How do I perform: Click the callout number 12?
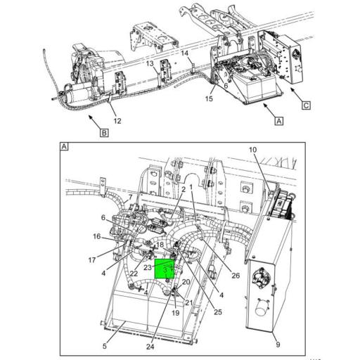pyautogui.click(x=117, y=120)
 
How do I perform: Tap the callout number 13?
pyautogui.click(x=150, y=63)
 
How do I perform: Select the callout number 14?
pyautogui.click(x=184, y=53)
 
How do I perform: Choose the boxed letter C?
pyautogui.click(x=307, y=106)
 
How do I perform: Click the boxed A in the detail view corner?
pyautogui.click(x=64, y=147)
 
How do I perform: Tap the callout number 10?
pyautogui.click(x=252, y=150)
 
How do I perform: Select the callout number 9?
pyautogui.click(x=277, y=344)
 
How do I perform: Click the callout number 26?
pyautogui.click(x=236, y=275)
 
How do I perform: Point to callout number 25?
pyautogui.click(x=218, y=311)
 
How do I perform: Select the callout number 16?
pyautogui.click(x=97, y=236)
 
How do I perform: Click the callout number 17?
pyautogui.click(x=92, y=259)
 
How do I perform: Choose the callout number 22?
pyautogui.click(x=134, y=273)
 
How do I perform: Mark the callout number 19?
pyautogui.click(x=176, y=313)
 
